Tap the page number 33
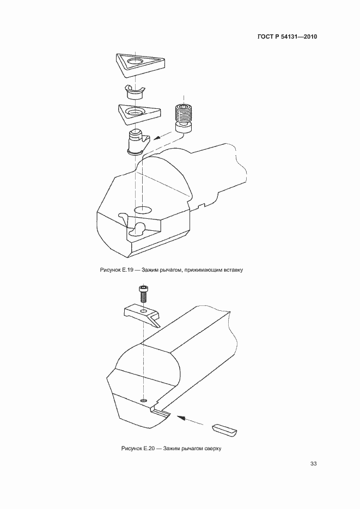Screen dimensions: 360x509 tap(313, 464)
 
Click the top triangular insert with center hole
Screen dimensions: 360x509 tap(140, 65)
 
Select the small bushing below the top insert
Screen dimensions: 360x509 tap(135, 92)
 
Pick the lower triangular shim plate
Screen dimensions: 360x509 tap(139, 114)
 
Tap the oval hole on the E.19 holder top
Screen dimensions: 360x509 tap(142, 210)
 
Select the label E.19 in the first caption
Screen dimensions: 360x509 tap(127, 269)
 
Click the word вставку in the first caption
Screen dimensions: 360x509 tap(233, 269)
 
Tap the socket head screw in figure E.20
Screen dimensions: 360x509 tap(143, 293)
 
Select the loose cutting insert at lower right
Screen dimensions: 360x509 tap(224, 430)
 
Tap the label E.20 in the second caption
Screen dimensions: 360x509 tap(148, 449)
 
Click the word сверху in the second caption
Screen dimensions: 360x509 tap(212, 449)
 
